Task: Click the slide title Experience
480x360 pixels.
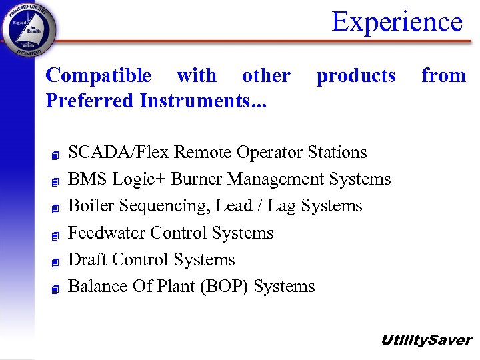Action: [x=397, y=21]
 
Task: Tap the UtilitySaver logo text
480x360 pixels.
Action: [x=425, y=340]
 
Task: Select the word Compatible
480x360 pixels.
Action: [x=98, y=76]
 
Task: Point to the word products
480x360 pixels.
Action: [x=356, y=76]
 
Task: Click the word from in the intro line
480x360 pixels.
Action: [x=443, y=76]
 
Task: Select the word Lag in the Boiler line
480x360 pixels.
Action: [x=282, y=206]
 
